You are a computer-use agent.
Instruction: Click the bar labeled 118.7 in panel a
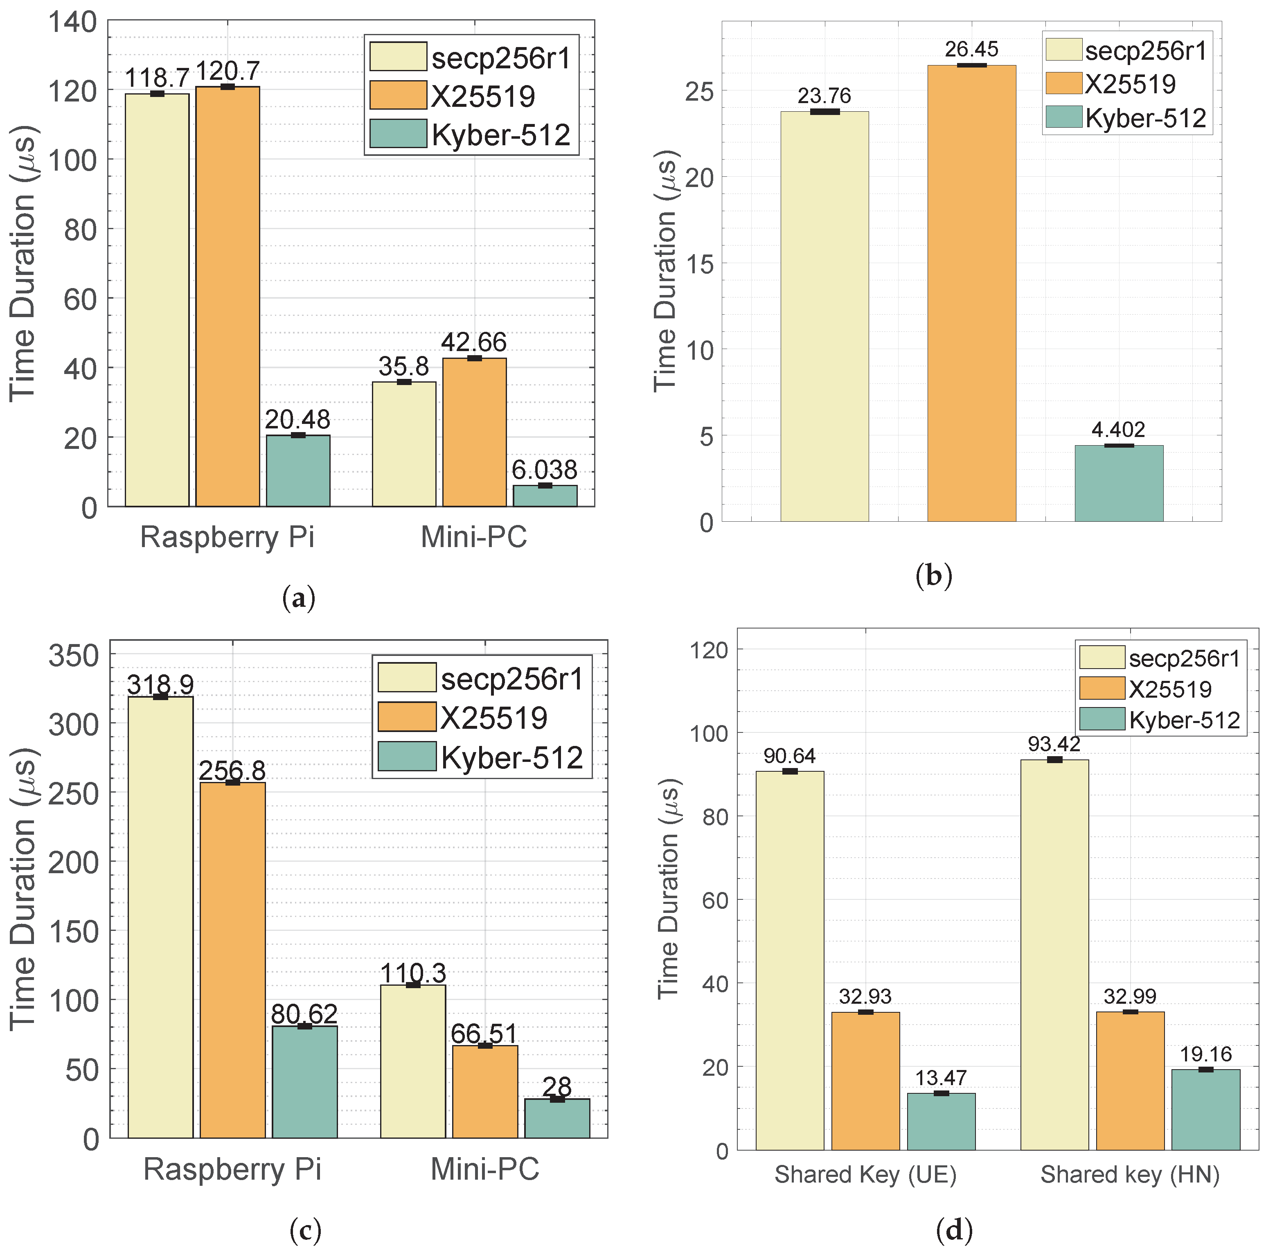click(x=157, y=300)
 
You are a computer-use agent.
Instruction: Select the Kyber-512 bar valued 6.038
click(x=545, y=496)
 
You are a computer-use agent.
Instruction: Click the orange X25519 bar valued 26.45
click(x=971, y=294)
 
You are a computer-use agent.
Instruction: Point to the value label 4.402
click(x=1119, y=430)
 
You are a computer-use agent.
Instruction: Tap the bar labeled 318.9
click(x=160, y=917)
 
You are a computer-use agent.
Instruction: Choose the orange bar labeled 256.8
click(x=232, y=960)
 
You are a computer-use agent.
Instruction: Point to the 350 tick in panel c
click(x=73, y=657)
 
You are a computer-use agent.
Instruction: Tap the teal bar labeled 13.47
click(x=941, y=1121)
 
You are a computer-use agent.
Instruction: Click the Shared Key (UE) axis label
click(x=865, y=1174)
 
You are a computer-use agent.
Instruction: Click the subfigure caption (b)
click(x=934, y=576)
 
